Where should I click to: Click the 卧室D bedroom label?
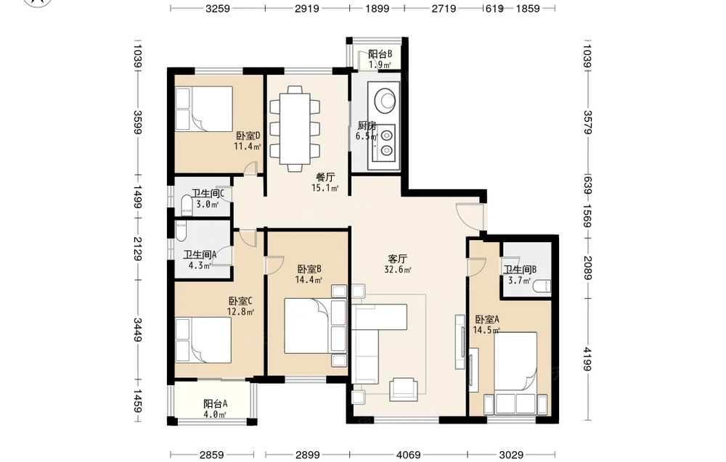tap(248, 136)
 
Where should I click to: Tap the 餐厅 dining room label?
tap(325, 177)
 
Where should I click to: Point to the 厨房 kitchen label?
tap(367, 125)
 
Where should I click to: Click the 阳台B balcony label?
tap(380, 54)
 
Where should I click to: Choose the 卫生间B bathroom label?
tap(521, 270)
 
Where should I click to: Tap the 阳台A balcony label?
tap(216, 404)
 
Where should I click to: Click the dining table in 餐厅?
tap(295, 128)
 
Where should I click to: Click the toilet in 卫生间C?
tap(187, 205)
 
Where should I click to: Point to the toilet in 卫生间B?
tap(542, 286)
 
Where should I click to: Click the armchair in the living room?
tap(403, 389)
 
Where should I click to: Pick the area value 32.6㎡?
tap(398, 270)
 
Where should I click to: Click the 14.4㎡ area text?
tap(309, 279)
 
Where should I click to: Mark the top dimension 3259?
tap(218, 8)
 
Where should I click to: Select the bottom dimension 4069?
tap(408, 455)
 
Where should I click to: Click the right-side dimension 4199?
tap(587, 359)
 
